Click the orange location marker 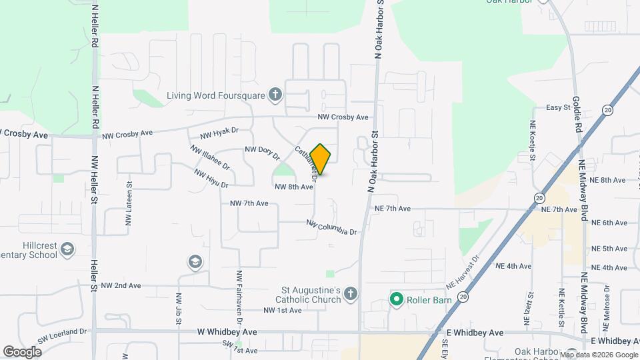[321, 159]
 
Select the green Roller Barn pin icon [396, 299]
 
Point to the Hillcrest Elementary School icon [67, 250]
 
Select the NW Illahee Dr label [210, 157]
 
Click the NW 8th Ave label [294, 187]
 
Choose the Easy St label [558, 107]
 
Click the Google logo [22, 351]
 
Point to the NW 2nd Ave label [121, 285]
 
